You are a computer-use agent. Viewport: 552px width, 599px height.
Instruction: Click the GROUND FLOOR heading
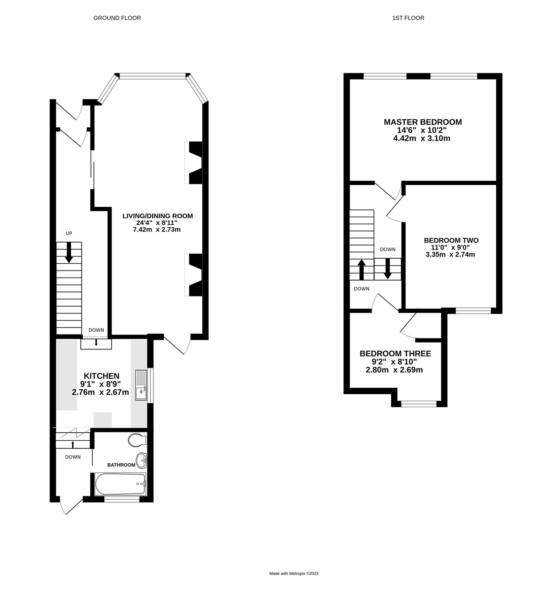click(x=117, y=18)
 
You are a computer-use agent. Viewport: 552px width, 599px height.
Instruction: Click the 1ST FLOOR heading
click(x=408, y=18)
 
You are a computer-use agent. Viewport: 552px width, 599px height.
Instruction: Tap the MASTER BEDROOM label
click(x=422, y=122)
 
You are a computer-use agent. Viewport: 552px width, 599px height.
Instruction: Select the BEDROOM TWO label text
click(x=451, y=240)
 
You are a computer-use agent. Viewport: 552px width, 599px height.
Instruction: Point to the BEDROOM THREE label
click(x=395, y=353)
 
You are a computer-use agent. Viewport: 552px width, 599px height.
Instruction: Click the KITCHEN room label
click(x=101, y=376)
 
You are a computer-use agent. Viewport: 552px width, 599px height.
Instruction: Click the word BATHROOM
click(x=121, y=465)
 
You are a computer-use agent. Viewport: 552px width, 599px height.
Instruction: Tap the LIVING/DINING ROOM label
click(x=158, y=216)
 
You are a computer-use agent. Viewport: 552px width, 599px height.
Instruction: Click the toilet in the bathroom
click(x=137, y=440)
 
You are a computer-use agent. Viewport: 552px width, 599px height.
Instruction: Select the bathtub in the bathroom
click(x=120, y=484)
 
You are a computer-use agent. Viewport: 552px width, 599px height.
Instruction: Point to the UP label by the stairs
click(x=69, y=233)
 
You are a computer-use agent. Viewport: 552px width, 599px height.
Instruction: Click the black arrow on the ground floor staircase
click(x=69, y=253)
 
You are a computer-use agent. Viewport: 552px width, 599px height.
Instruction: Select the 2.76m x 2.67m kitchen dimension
click(x=100, y=392)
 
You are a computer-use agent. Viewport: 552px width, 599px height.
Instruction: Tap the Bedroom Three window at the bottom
click(x=419, y=404)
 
